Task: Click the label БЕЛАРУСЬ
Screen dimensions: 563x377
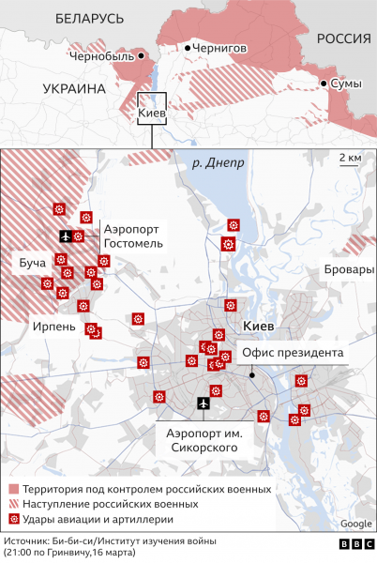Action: [89, 18]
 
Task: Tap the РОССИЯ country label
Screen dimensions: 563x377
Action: [342, 38]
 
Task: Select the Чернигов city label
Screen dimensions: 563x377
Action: [221, 47]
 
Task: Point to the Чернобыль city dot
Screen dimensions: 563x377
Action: [142, 56]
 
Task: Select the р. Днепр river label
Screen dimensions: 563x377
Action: [217, 162]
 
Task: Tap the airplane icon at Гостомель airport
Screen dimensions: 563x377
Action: [65, 236]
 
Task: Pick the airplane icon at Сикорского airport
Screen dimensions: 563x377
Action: [204, 403]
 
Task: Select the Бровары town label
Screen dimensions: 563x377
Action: [347, 269]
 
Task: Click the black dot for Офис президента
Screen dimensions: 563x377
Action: [252, 373]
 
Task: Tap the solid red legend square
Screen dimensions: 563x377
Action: [14, 490]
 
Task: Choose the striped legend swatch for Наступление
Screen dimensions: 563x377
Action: [14, 504]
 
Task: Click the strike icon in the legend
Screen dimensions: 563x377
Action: [14, 519]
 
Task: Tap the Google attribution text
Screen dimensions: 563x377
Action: [355, 524]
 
